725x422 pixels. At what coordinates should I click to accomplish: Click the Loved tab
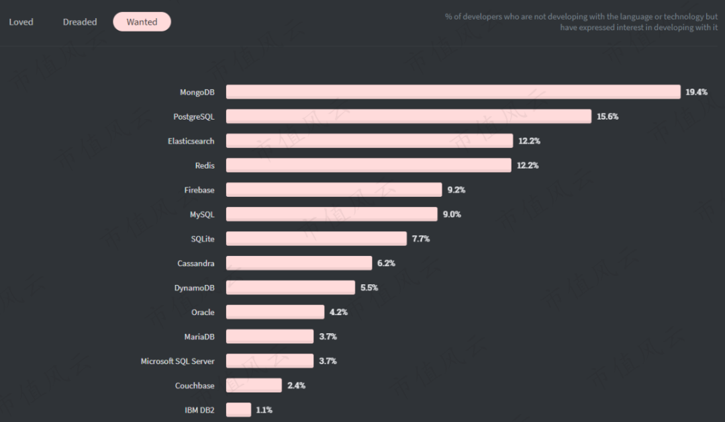[21, 22]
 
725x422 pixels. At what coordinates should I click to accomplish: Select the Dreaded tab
[80, 22]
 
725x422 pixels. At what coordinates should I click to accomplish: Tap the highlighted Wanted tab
[142, 22]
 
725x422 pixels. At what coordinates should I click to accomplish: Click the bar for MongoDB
[453, 92]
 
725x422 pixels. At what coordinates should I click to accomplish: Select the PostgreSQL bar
[408, 116]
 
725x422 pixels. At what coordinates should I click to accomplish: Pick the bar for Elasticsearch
[369, 141]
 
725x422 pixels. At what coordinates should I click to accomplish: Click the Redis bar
[369, 165]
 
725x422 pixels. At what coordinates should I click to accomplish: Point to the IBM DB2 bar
[238, 410]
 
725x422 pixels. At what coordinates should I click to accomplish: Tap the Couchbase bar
[254, 386]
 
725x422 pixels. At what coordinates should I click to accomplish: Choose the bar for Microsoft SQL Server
[269, 361]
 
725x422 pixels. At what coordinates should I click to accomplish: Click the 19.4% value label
[696, 92]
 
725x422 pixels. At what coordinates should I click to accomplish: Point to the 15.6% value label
[608, 116]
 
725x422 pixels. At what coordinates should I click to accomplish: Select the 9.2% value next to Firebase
[456, 190]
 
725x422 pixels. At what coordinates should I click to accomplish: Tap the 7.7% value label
[421, 239]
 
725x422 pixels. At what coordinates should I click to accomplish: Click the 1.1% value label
[264, 410]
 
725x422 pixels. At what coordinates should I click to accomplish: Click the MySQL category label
[202, 214]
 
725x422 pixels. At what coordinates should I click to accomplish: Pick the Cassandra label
[196, 263]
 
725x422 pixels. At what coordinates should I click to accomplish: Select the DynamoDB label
[195, 288]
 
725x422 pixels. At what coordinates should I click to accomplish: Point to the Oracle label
[203, 312]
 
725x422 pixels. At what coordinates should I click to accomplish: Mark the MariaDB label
[199, 337]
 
